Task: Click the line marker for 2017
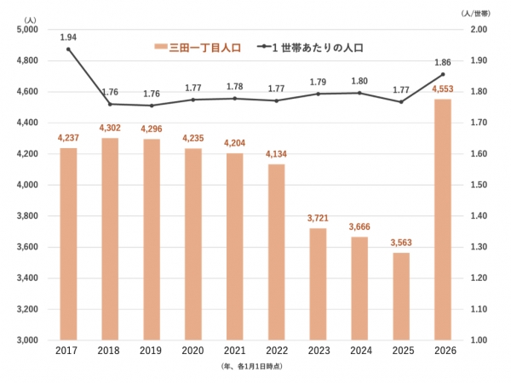pyautogui.click(x=68, y=49)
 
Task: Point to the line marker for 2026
pyautogui.click(x=442, y=74)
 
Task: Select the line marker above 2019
pyautogui.click(x=152, y=106)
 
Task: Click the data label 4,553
pyautogui.click(x=442, y=89)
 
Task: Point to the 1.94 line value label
pyautogui.click(x=68, y=37)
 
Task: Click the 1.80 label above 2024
pyautogui.click(x=359, y=81)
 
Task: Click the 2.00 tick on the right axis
pyautogui.click(x=479, y=30)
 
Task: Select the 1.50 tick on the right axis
pyautogui.click(x=479, y=185)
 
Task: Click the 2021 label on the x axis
pyautogui.click(x=234, y=350)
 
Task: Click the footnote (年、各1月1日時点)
pyautogui.click(x=255, y=365)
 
